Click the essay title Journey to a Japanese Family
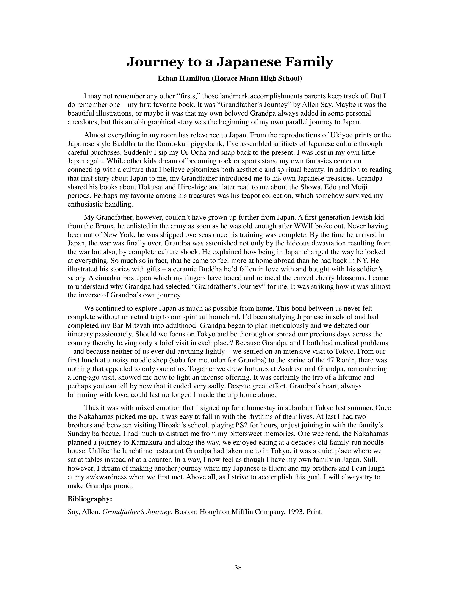point(230,62)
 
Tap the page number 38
point(238,568)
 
